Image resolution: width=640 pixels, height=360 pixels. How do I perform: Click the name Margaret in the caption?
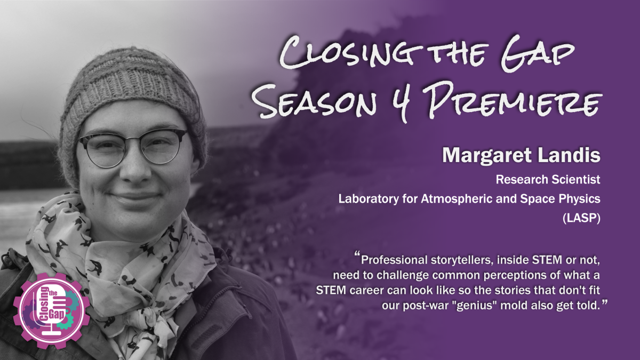pos(487,156)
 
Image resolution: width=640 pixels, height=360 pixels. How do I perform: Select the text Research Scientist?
pos(548,180)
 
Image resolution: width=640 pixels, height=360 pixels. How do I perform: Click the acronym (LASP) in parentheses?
pos(581,219)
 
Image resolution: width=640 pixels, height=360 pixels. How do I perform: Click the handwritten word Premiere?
pos(511,101)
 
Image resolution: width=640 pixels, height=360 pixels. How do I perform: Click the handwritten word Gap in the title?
pos(537,54)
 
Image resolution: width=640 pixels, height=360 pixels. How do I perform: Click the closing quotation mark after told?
pos(604,302)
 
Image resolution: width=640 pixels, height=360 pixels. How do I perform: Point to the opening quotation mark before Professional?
pos(357,254)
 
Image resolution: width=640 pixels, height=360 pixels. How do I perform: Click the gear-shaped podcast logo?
pos(51,310)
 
